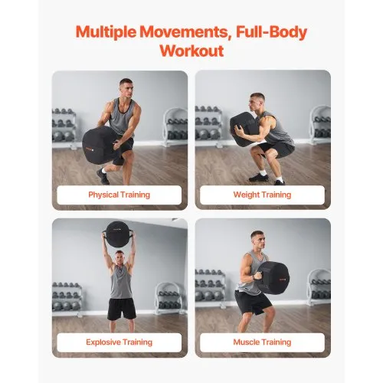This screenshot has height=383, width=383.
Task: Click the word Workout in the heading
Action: (191, 51)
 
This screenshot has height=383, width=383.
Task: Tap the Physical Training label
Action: (119, 195)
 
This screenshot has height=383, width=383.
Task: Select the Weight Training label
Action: (262, 195)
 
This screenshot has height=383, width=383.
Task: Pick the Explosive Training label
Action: (119, 342)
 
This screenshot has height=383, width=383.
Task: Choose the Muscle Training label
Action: (262, 342)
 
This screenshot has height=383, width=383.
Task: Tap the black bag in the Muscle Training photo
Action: (273, 277)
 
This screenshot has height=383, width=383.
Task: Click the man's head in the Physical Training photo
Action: (126, 86)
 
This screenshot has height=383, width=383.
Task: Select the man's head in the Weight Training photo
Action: (258, 100)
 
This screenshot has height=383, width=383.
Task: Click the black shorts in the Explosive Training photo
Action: (120, 308)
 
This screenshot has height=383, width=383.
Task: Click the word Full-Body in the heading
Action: (266, 33)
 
